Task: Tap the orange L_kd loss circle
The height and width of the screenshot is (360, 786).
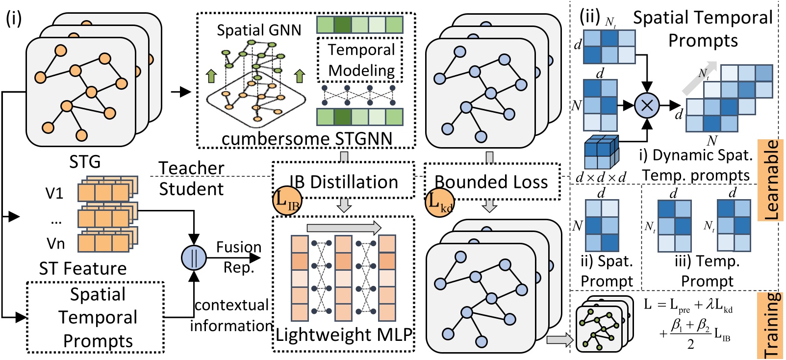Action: click(439, 202)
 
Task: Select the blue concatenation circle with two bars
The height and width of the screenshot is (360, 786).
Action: click(194, 257)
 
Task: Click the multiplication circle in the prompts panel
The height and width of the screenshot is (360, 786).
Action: click(647, 105)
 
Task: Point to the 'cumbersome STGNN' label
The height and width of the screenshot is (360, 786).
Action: click(307, 139)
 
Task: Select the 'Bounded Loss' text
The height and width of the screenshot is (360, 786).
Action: click(491, 182)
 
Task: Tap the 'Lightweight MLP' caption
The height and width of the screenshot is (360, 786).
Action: click(344, 334)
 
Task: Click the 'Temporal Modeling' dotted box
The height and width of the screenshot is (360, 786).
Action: click(361, 60)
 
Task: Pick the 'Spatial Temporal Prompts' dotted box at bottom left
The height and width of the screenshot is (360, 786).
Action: click(96, 317)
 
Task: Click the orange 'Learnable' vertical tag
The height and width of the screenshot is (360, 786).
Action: click(771, 180)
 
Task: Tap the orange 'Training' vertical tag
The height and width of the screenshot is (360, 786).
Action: click(771, 325)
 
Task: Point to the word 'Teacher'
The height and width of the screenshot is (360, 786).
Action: click(191, 168)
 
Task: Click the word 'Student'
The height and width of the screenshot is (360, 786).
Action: click(191, 189)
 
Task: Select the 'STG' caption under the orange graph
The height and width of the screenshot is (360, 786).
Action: click(85, 161)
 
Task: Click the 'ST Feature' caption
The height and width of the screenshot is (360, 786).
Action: click(83, 268)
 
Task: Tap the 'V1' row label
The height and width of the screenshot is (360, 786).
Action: click(54, 193)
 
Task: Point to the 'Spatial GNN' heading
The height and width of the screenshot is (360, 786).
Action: click(259, 30)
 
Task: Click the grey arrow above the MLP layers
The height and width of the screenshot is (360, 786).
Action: click(344, 228)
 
